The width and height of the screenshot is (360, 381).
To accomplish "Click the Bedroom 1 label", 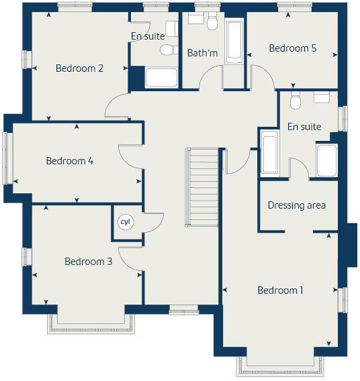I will point(281,290).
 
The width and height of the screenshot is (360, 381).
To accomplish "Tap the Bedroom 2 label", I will point(79,68).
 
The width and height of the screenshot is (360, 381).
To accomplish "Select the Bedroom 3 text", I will point(88,262).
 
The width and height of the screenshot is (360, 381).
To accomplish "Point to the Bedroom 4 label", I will point(70,161).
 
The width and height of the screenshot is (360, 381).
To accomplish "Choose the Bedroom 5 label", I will point(292,48).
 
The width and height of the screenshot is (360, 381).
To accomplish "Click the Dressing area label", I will point(296,205).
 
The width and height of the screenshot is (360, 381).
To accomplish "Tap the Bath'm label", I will point(202,52).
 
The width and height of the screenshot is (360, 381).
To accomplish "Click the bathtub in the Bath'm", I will point(235,42).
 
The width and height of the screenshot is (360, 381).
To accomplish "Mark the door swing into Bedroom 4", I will point(130,156).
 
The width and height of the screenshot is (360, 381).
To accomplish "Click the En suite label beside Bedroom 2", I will point(148,36).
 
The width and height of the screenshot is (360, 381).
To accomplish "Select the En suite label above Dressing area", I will point(304,127).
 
